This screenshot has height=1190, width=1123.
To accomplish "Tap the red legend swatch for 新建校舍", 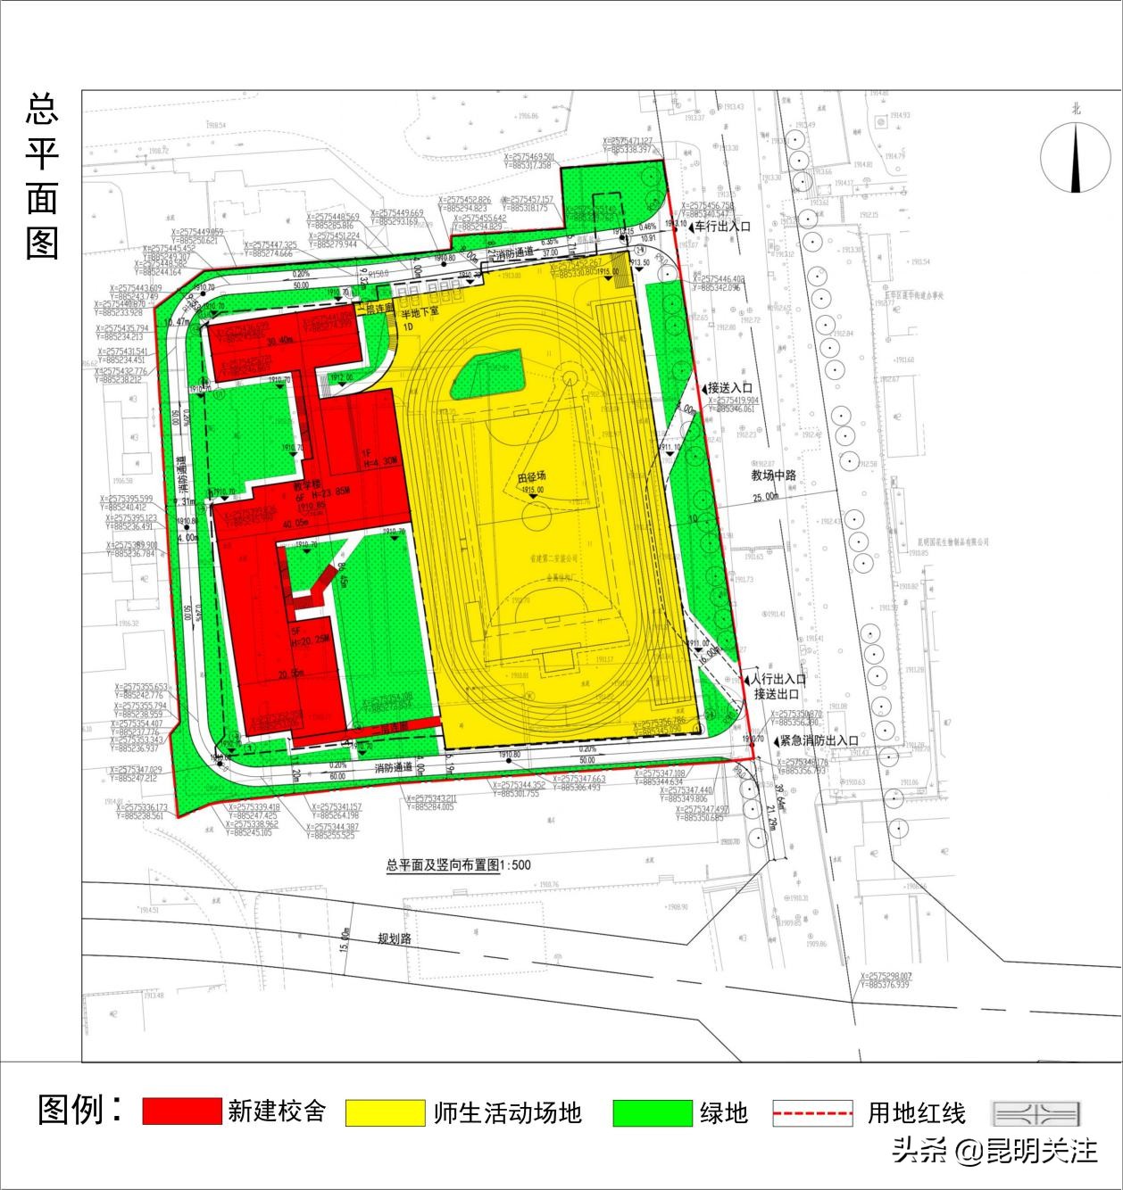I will click(x=181, y=1111).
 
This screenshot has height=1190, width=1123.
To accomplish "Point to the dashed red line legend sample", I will click(x=812, y=1113).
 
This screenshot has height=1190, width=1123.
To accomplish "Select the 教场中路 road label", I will click(x=773, y=475).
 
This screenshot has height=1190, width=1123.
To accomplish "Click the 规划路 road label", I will click(x=394, y=939).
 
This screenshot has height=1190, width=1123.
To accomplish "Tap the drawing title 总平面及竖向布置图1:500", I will click(x=458, y=864).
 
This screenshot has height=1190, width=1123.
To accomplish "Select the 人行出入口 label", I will click(x=779, y=679).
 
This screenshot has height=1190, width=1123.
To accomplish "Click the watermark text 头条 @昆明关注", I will click(x=994, y=1151).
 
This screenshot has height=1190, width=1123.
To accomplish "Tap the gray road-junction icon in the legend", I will click(x=1036, y=1113).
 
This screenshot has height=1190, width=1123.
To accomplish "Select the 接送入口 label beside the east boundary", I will click(x=729, y=388).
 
